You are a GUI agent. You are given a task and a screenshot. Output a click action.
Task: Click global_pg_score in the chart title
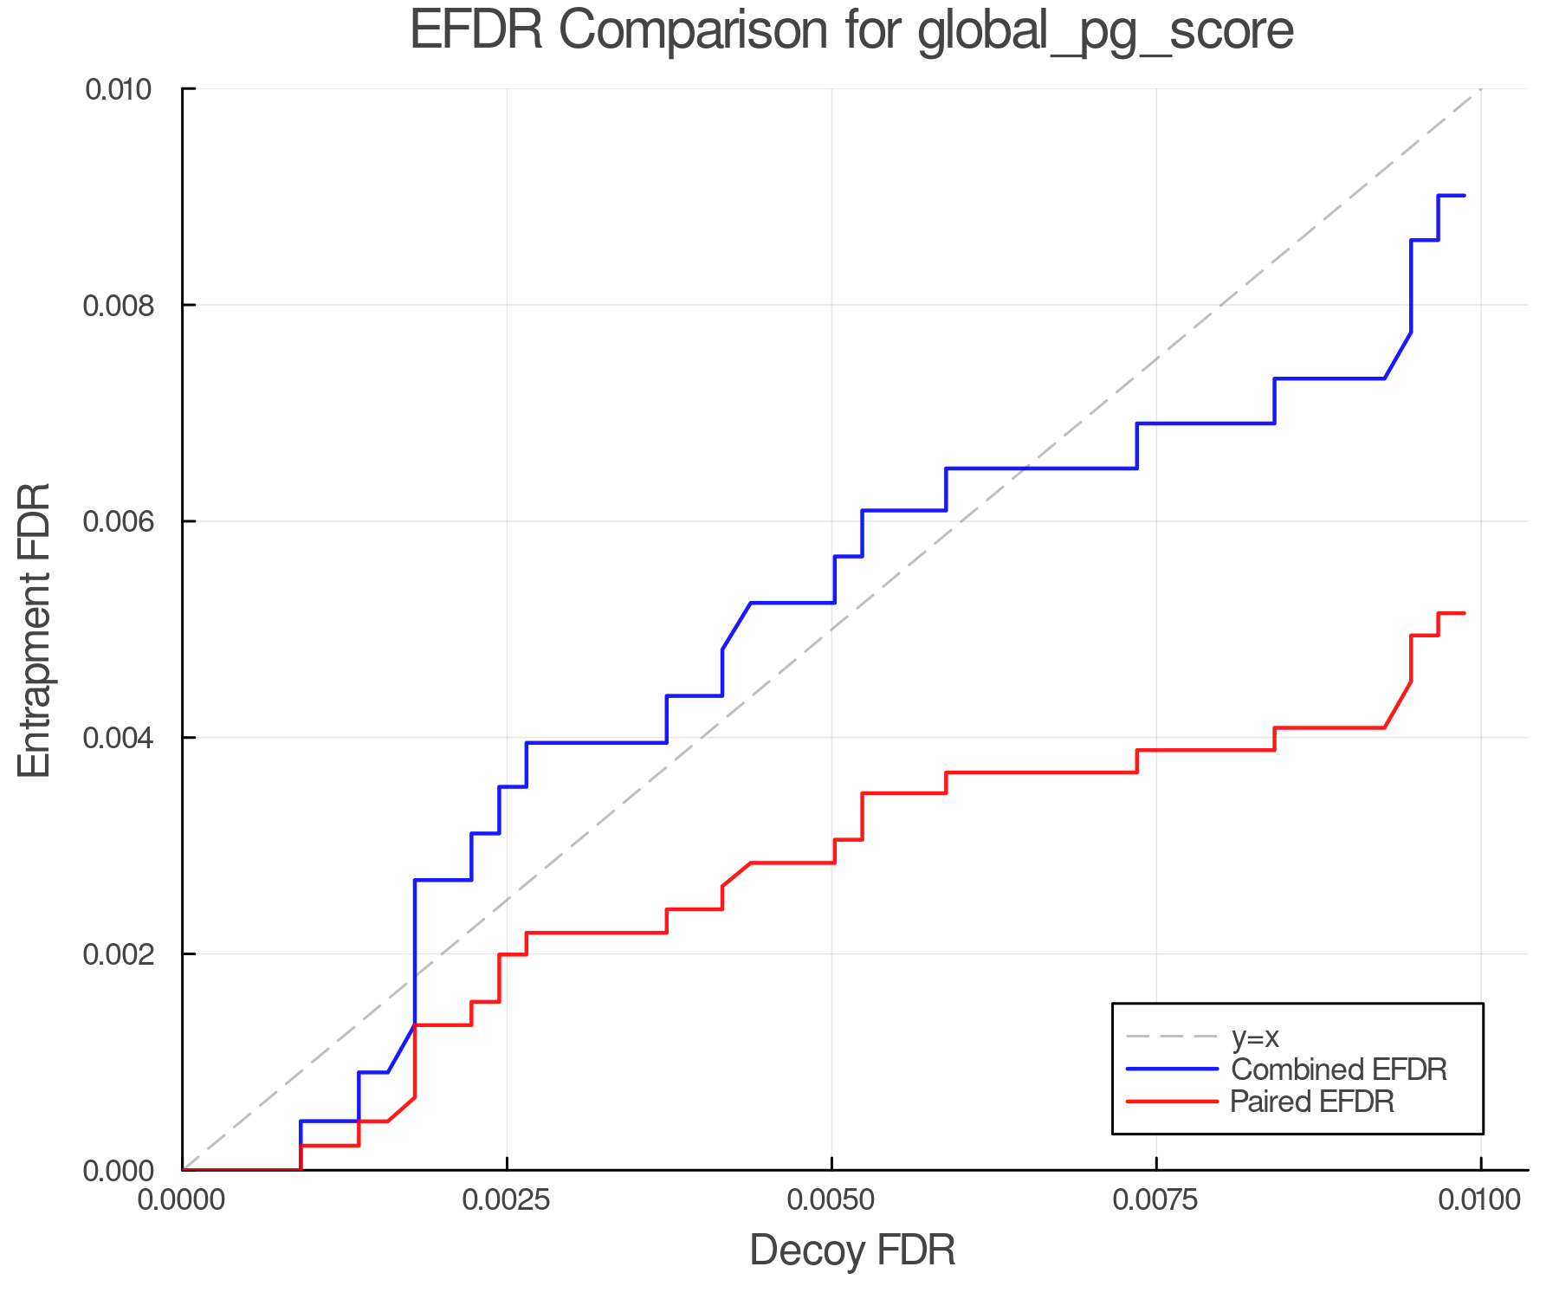coord(1105,31)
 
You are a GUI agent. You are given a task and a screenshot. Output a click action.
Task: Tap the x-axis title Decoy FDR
coord(852,1251)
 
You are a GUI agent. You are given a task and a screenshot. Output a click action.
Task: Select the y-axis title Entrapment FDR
coord(36,630)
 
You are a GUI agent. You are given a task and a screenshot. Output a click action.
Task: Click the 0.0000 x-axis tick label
coord(182,1200)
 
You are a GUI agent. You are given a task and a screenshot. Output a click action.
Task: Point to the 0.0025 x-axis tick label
coord(507,1200)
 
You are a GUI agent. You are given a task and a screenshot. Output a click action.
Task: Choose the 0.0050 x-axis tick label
coord(831,1200)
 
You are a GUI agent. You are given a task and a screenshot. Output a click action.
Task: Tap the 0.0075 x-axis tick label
coord(1156,1200)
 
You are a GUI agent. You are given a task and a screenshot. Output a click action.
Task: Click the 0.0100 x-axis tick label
coord(1480,1200)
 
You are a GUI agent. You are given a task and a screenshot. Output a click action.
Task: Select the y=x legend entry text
coord(1255,1037)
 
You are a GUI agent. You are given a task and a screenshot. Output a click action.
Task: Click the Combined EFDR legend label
coord(1338,1070)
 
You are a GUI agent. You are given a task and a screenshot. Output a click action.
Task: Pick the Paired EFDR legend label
coord(1312,1102)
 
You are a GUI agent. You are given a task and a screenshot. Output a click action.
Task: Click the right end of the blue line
coord(1464,196)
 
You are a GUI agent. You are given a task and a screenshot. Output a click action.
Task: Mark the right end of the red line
coord(1464,613)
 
